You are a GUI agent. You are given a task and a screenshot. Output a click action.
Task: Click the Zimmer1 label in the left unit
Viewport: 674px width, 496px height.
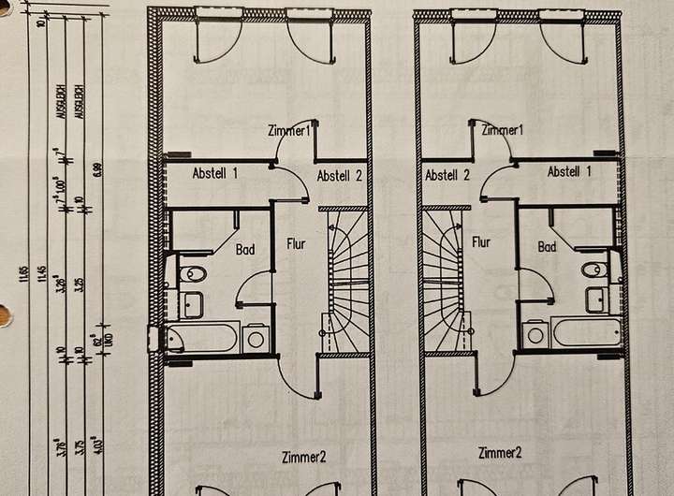pos(288,130)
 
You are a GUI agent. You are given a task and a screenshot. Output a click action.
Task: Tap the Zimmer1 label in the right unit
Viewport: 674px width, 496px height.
pos(502,129)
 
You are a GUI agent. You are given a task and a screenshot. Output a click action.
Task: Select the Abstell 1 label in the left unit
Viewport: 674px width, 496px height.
pos(215,173)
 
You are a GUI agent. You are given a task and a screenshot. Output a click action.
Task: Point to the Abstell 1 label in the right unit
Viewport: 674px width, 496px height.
pos(569,172)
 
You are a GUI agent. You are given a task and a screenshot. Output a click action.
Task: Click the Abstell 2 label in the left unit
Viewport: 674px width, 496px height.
pos(339,175)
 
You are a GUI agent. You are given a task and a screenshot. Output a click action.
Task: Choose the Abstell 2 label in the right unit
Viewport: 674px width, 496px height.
pos(447,174)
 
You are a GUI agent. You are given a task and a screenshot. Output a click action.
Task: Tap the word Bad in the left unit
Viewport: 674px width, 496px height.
pos(245,250)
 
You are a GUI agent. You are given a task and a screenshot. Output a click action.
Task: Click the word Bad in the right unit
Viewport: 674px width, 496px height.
pos(548,247)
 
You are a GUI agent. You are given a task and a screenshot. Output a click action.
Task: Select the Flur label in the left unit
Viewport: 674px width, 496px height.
pos(297,244)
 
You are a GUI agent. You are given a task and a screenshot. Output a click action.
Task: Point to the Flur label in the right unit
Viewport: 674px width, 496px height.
pos(481,241)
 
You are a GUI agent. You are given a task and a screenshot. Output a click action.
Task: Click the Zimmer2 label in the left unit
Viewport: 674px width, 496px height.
pos(304,458)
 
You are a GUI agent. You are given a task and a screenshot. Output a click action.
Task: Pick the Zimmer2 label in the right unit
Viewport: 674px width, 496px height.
pos(499,453)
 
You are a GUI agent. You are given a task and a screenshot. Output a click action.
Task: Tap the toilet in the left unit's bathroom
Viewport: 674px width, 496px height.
pos(194,275)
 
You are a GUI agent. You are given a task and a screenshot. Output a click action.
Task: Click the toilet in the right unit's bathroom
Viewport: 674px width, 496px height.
pos(594,270)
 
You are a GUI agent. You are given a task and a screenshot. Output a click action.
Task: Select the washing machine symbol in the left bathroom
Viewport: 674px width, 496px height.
pos(256,337)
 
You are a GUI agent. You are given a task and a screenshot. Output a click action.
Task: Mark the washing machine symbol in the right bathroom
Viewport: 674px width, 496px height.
pos(535,333)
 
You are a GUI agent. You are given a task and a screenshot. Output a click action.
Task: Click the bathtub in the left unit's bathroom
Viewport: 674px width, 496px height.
pos(203,337)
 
